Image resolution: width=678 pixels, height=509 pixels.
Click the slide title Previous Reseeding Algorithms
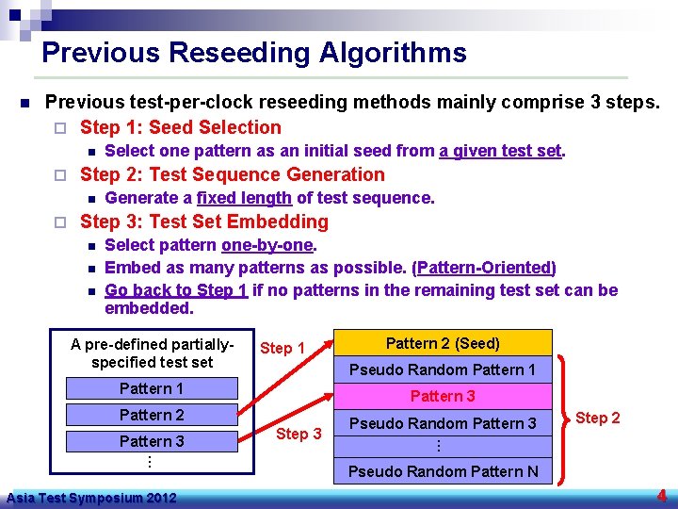tap(254, 53)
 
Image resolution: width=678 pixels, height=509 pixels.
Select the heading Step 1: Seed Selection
tap(181, 127)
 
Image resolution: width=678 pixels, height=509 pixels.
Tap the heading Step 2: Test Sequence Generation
tap(233, 174)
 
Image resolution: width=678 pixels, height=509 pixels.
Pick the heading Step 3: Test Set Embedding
tap(204, 222)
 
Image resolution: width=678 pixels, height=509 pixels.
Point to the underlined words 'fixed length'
tap(244, 198)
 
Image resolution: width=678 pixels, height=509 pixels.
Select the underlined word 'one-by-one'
tap(266, 245)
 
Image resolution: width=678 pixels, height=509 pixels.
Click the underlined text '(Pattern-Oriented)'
tap(484, 268)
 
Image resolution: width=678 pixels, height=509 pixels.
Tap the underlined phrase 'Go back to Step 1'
tap(176, 290)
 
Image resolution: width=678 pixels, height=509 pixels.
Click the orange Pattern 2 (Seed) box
tap(443, 343)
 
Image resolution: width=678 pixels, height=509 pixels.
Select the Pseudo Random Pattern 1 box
tap(443, 369)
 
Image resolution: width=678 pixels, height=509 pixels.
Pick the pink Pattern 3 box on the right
tap(443, 396)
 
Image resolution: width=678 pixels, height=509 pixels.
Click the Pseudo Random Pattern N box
tap(443, 471)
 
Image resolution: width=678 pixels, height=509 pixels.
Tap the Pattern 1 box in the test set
tap(152, 388)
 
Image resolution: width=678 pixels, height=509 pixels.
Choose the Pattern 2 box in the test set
tap(152, 415)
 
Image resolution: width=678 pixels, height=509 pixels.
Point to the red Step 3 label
tap(299, 434)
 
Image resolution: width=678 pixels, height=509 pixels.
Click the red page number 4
tap(662, 495)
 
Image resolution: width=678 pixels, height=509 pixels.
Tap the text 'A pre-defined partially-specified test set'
tap(152, 353)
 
